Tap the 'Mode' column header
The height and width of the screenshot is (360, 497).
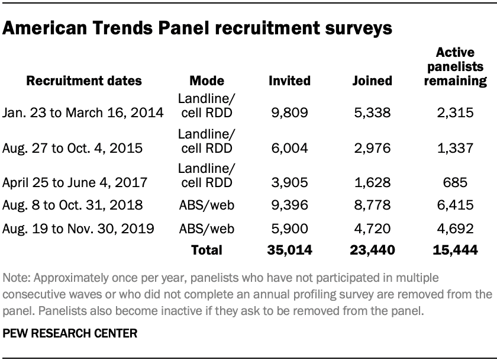(206, 81)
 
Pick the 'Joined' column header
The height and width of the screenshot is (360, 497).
(373, 81)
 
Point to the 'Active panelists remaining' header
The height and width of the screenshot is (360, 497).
(456, 67)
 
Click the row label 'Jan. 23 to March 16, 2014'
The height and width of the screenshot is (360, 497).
(82, 111)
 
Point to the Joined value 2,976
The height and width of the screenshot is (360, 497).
(373, 147)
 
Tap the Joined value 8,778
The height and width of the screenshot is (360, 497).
(373, 206)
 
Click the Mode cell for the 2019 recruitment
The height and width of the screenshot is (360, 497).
(205, 228)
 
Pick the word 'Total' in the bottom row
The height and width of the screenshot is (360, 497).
(206, 250)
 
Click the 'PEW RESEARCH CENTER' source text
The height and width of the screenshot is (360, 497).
(69, 333)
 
